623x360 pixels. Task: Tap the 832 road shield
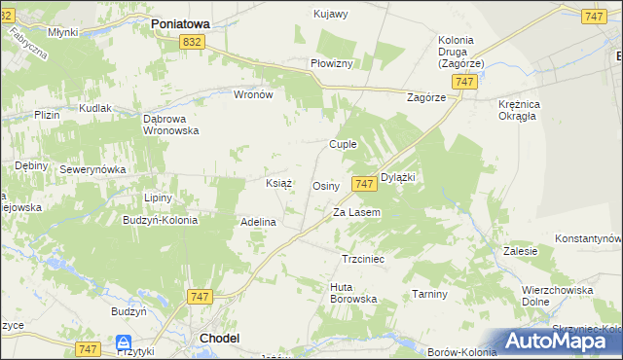pyautogui.click(x=192, y=41)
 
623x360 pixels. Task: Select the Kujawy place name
pyautogui.click(x=331, y=14)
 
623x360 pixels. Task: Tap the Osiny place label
pyautogui.click(x=325, y=185)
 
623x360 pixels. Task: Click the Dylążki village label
pyautogui.click(x=398, y=177)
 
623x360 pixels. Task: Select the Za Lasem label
pyautogui.click(x=356, y=212)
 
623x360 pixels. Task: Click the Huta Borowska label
pyautogui.click(x=353, y=293)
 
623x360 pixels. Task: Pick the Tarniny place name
pyautogui.click(x=429, y=294)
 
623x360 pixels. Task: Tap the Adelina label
pyautogui.click(x=259, y=222)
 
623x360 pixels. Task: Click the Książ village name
pyautogui.click(x=279, y=182)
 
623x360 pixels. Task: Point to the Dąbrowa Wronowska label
pyautogui.click(x=171, y=124)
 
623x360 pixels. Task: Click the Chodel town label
pyautogui.click(x=219, y=338)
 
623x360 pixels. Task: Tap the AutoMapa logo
pyautogui.click(x=560, y=342)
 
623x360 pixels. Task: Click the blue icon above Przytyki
pyautogui.click(x=124, y=342)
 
